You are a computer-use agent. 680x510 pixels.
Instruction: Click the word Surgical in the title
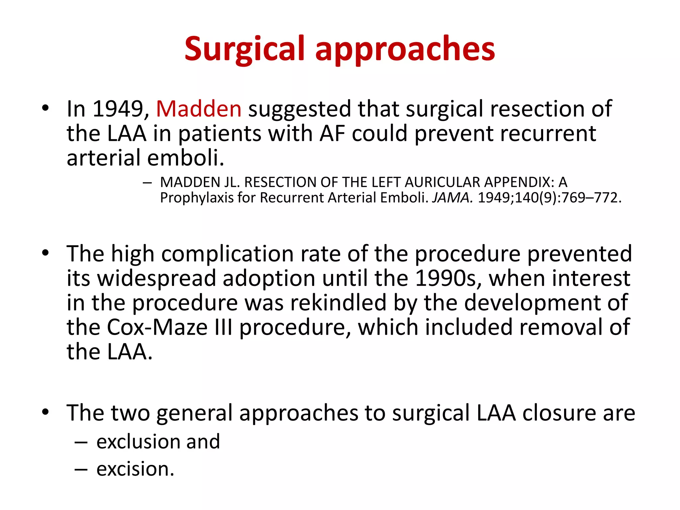[x=244, y=49]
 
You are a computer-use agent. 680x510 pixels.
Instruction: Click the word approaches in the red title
[x=405, y=49]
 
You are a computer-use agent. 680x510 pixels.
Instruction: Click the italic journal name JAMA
[x=452, y=198]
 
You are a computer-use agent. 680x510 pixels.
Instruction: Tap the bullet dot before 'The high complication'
[x=45, y=253]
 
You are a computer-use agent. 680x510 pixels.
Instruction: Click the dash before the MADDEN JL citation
[x=147, y=183]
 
